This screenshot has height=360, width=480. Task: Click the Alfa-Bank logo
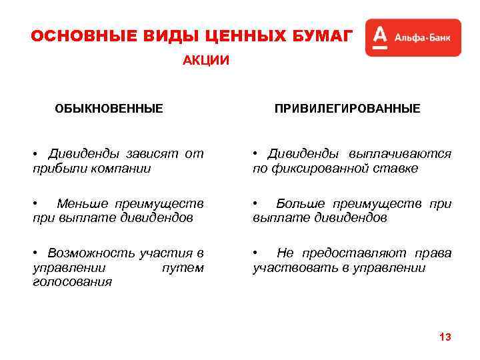[x=413, y=37]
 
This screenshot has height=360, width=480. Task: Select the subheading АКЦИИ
[x=206, y=61]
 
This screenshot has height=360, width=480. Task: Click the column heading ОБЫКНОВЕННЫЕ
[x=109, y=108]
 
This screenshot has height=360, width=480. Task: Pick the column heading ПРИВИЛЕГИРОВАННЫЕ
[x=347, y=108]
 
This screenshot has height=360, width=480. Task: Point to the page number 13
[x=445, y=337]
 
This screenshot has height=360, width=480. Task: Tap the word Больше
[x=300, y=203]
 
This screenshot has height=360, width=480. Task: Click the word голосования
[x=72, y=281]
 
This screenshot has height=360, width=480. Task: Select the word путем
[x=183, y=267]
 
